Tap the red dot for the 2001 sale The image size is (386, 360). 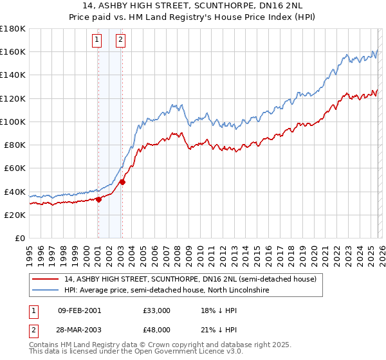click(98, 199)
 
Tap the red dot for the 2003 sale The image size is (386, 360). click(122, 182)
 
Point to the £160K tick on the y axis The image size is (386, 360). click(13, 51)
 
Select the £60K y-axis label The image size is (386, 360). click(15, 168)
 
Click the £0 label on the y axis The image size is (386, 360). click(19, 238)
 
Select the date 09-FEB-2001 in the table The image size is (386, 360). click(79, 310)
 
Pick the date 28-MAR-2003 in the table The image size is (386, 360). click(79, 330)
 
